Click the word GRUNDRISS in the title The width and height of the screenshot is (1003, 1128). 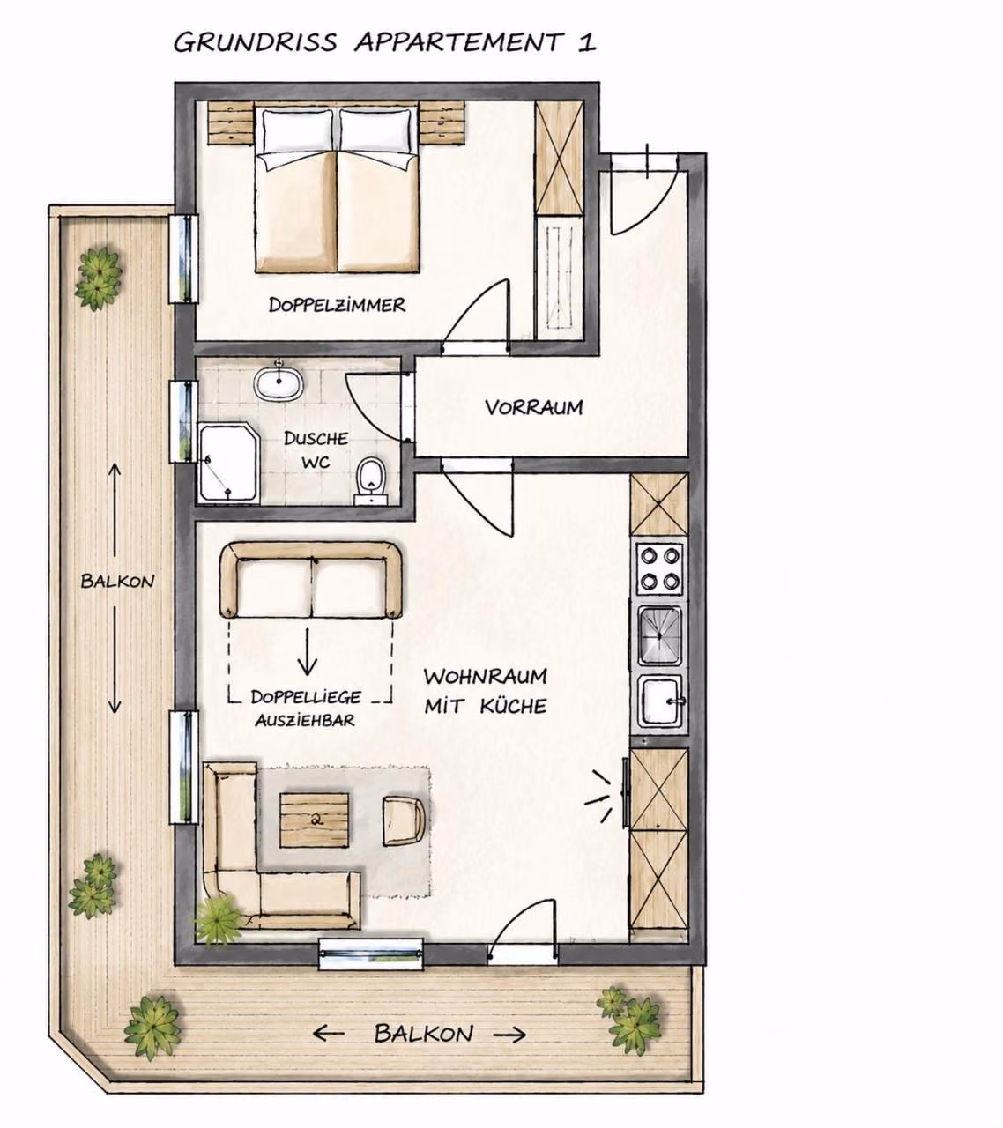point(255,42)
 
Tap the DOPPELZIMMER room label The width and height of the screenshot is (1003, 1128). point(337,305)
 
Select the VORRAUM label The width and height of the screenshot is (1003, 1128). point(533,407)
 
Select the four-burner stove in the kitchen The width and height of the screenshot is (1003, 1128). point(660,569)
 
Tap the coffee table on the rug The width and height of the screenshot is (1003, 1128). point(314,820)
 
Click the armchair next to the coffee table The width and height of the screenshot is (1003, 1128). point(403,820)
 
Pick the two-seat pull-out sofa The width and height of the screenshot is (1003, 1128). point(311,580)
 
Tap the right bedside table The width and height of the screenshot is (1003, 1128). point(442,123)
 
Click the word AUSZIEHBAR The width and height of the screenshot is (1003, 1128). point(305,720)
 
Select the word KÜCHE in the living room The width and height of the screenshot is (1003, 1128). point(513,706)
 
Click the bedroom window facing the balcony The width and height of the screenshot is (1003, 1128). point(184,259)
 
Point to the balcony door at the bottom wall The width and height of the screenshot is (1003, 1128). point(523,954)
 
